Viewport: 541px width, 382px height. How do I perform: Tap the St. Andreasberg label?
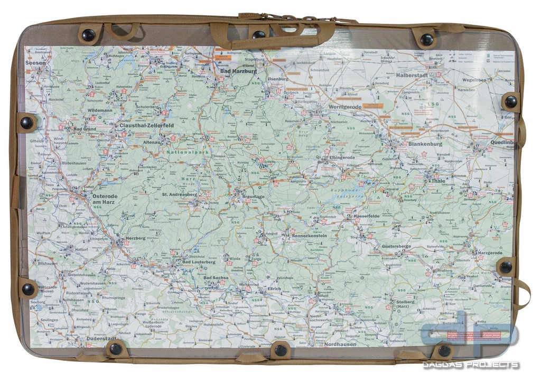179,194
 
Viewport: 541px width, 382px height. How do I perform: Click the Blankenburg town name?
425,143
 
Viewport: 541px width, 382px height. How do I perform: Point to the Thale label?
439,181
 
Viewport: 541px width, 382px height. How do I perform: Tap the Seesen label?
35,62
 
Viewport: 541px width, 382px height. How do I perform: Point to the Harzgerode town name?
490,253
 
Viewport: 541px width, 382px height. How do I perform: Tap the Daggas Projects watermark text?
470,365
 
